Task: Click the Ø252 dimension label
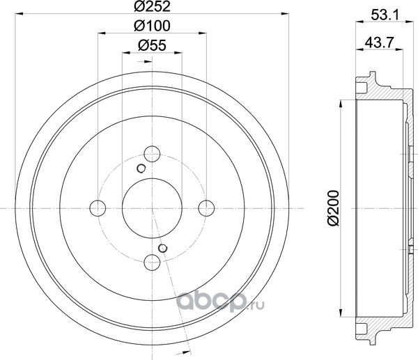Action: coord(152,6)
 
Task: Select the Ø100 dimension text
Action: coord(152,26)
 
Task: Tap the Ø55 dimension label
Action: coord(152,45)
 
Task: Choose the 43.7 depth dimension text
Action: coord(379,42)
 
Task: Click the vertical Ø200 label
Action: coord(333,208)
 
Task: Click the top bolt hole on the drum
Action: coord(152,154)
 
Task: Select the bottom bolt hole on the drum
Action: coord(152,263)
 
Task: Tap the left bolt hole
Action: coord(98,208)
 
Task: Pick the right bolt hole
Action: coord(206,208)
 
